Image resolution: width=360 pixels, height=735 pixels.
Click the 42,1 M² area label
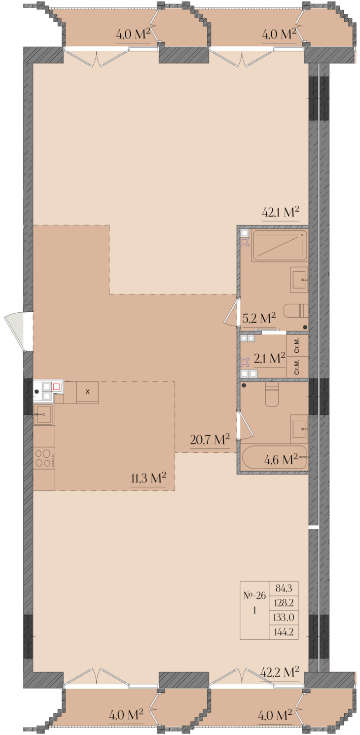tap(280, 212)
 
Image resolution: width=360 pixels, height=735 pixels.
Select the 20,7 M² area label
tap(210, 440)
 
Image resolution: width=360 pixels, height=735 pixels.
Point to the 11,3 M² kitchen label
tap(148, 478)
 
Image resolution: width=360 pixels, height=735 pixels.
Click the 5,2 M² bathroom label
tap(259, 318)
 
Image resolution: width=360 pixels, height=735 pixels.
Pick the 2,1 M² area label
tap(269, 358)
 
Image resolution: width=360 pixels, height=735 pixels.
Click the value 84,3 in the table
tap(284, 588)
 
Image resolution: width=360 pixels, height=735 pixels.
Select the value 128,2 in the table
tap(284, 603)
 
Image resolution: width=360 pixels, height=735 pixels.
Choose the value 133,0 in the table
tap(284, 617)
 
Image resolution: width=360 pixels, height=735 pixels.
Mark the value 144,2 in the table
tap(284, 631)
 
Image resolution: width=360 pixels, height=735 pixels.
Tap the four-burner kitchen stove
tap(44, 458)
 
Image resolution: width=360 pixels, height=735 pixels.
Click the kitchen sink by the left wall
tap(43, 414)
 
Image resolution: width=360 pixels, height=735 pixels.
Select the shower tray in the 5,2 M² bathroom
tap(280, 246)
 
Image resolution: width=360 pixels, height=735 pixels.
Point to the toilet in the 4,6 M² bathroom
tap(271, 394)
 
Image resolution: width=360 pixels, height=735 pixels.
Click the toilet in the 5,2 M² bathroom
tap(296, 311)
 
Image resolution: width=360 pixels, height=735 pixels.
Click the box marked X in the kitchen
tap(87, 392)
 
